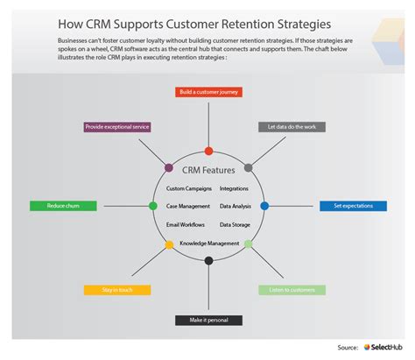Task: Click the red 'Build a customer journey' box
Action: [x=207, y=91]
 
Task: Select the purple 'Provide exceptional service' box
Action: [x=116, y=127]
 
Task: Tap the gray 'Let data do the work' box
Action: [x=292, y=127]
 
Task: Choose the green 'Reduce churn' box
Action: [x=62, y=206]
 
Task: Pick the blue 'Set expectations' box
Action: [x=353, y=206]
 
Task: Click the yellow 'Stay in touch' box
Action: [x=117, y=289]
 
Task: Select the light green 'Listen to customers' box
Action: [x=292, y=289]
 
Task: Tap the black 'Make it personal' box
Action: [x=207, y=321]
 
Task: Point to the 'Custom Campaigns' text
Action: [x=187, y=189]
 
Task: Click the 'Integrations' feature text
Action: [x=236, y=189]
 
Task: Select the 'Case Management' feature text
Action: [x=187, y=207]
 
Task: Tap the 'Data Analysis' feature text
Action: [x=236, y=207]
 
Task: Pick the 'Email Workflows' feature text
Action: [x=186, y=225]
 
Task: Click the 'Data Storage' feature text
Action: [x=236, y=225]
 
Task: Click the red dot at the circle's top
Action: [x=208, y=151]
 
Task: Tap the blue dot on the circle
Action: [x=264, y=206]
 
